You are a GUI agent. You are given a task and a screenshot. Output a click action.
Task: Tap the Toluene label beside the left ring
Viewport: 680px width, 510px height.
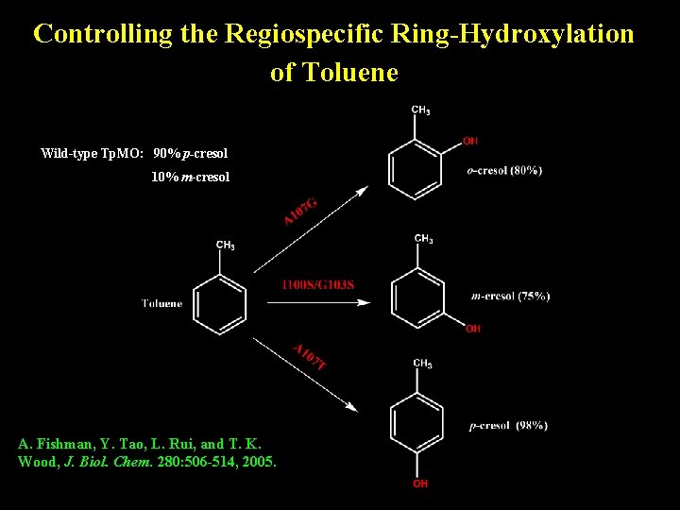click(x=162, y=303)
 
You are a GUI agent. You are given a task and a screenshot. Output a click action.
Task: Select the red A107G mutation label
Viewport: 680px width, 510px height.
click(x=300, y=211)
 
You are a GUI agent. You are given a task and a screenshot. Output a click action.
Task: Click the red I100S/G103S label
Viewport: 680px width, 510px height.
click(x=318, y=284)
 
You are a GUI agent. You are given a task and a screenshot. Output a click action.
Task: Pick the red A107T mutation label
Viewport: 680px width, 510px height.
click(x=310, y=356)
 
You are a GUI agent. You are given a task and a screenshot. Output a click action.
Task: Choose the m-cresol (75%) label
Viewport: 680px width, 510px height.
click(x=510, y=297)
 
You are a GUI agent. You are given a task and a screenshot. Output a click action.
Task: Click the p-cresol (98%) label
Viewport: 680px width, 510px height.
click(x=508, y=426)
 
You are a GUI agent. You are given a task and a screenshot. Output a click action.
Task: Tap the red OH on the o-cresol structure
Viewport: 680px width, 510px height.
click(x=470, y=141)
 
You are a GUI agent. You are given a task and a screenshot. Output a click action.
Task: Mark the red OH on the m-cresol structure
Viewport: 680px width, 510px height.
click(x=473, y=329)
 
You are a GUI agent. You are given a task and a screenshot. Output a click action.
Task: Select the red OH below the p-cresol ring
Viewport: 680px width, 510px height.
click(x=420, y=484)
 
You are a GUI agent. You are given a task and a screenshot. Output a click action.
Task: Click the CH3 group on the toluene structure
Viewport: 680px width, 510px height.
click(x=226, y=246)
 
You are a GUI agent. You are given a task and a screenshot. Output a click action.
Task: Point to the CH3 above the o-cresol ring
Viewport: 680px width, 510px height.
click(x=421, y=110)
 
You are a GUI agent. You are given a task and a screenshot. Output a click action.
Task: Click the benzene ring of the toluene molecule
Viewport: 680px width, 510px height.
click(x=220, y=303)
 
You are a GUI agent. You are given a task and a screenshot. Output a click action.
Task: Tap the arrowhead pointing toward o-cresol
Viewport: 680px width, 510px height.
click(x=362, y=191)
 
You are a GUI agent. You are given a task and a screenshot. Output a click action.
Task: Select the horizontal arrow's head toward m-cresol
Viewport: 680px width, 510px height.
click(x=364, y=303)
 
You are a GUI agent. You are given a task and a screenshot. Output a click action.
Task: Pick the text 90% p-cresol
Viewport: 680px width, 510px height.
click(x=190, y=153)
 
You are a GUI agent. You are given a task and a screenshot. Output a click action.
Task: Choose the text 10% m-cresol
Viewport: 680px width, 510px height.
click(x=190, y=177)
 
